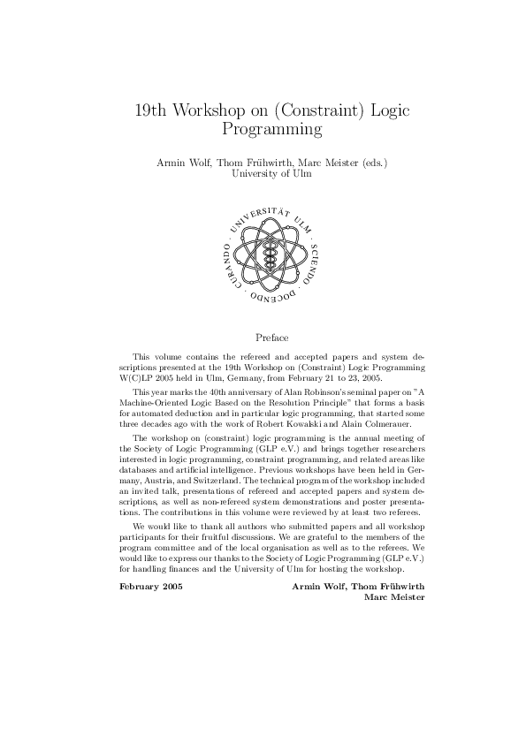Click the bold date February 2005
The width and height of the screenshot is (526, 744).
coord(150,562)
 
